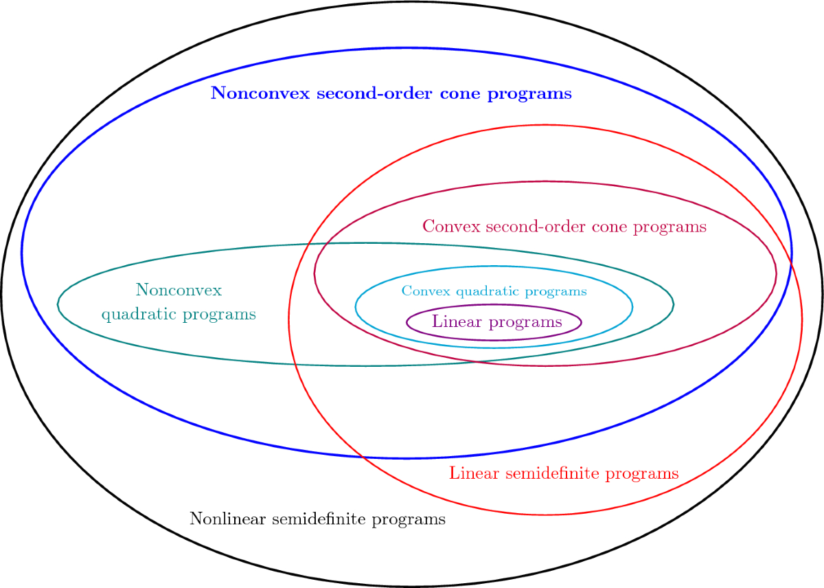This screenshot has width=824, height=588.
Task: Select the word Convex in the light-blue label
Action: (x=426, y=291)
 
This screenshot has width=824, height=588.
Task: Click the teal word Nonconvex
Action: (x=179, y=290)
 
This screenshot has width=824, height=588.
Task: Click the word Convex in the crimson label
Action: (x=452, y=226)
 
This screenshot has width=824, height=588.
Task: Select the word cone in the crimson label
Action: (x=609, y=227)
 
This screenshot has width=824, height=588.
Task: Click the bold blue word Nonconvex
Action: (x=260, y=93)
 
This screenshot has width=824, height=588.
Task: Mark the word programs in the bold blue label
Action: (x=529, y=95)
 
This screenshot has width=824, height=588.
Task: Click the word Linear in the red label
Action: (x=474, y=473)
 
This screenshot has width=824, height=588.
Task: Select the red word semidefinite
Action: (x=552, y=473)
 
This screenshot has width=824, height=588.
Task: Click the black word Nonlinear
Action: (x=228, y=519)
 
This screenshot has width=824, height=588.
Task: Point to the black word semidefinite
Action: (x=319, y=519)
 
